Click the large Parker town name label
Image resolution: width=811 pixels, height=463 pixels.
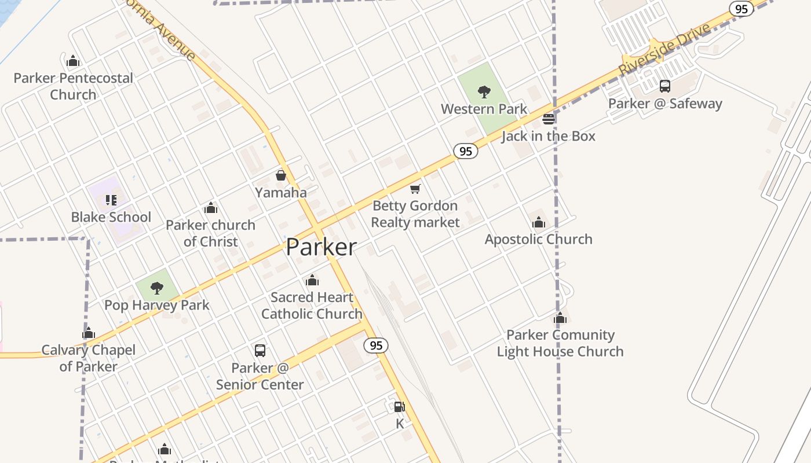click(x=321, y=247)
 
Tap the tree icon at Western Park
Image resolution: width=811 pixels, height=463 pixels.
click(x=484, y=91)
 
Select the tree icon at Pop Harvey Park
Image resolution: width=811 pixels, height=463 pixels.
click(x=156, y=288)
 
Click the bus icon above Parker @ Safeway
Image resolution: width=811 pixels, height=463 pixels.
click(x=665, y=86)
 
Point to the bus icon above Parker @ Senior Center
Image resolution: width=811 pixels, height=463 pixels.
click(x=260, y=350)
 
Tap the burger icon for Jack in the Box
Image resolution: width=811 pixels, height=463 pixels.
click(x=549, y=119)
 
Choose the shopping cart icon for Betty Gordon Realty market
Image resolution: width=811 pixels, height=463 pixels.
click(x=415, y=189)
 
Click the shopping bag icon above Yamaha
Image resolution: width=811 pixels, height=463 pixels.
click(x=281, y=175)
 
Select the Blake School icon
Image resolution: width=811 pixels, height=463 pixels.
click(x=111, y=200)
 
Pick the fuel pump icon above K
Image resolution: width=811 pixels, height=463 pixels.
click(x=399, y=406)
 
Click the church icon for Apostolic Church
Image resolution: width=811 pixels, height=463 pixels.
click(x=539, y=222)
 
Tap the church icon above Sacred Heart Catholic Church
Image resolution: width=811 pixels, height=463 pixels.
click(x=312, y=281)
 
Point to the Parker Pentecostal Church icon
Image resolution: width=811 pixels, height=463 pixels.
click(x=73, y=61)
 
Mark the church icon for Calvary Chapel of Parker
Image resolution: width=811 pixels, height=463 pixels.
click(x=89, y=333)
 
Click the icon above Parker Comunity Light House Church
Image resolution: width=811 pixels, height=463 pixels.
click(x=560, y=318)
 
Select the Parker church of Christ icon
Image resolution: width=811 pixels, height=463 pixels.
click(x=211, y=208)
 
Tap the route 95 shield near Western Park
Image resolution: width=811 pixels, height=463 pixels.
click(x=465, y=152)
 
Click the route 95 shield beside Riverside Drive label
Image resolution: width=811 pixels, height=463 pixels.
click(x=741, y=9)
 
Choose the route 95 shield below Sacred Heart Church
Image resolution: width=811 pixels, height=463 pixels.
click(x=376, y=346)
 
